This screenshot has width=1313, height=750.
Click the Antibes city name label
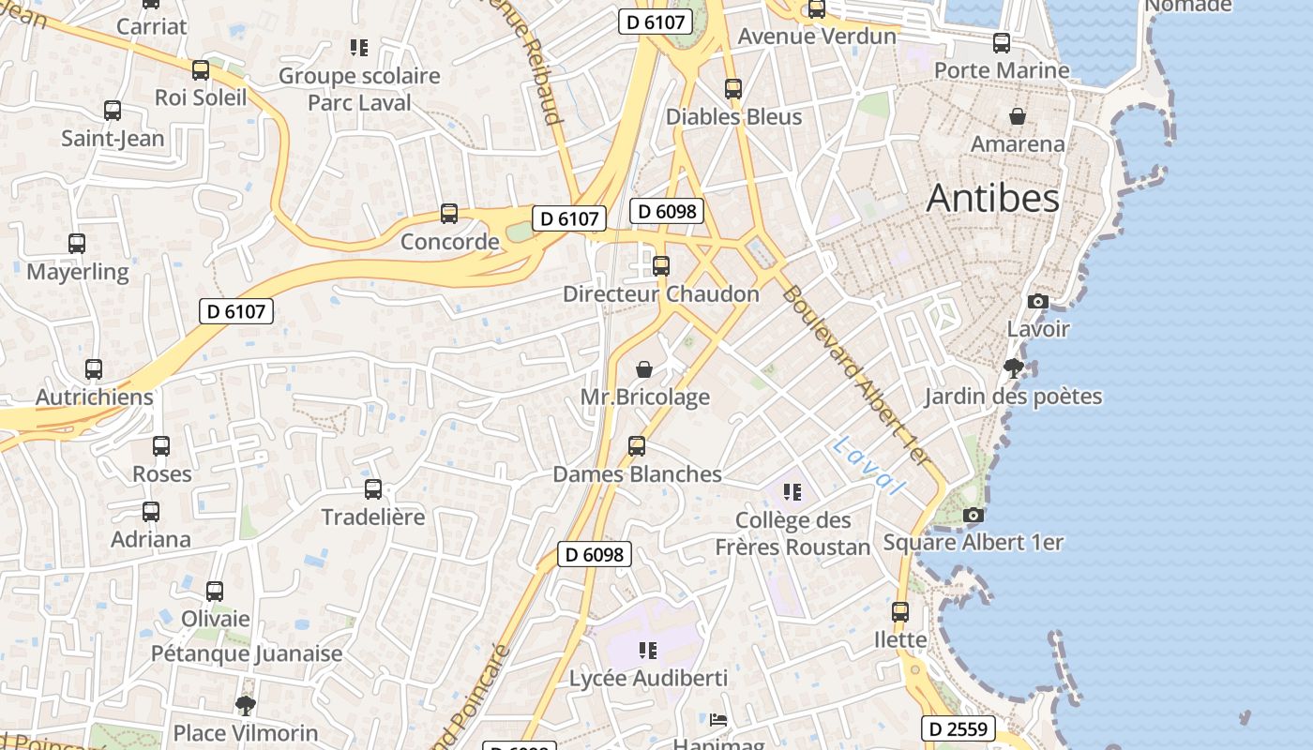[992, 198]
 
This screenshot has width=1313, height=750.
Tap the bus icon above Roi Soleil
[200, 70]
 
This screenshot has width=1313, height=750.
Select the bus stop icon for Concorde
[449, 214]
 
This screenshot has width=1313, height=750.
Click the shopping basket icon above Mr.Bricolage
[644, 369]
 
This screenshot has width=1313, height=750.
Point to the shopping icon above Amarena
[1018, 116]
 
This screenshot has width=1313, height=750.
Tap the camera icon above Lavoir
[1037, 301]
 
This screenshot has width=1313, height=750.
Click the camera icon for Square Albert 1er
[973, 515]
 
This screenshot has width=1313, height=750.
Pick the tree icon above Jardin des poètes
[1013, 367]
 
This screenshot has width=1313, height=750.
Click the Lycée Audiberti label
[649, 678]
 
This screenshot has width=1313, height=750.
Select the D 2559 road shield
[958, 728]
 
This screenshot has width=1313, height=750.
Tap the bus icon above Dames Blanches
[637, 446]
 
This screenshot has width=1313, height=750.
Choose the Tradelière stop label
[373, 517]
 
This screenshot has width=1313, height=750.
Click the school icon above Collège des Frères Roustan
[792, 492]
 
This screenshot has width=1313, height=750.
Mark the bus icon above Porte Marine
[1002, 43]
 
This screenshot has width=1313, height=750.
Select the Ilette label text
[900, 640]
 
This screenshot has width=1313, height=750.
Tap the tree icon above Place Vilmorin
[246, 705]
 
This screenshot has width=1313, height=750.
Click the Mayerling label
[78, 272]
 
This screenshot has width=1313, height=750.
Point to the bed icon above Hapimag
[718, 720]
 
